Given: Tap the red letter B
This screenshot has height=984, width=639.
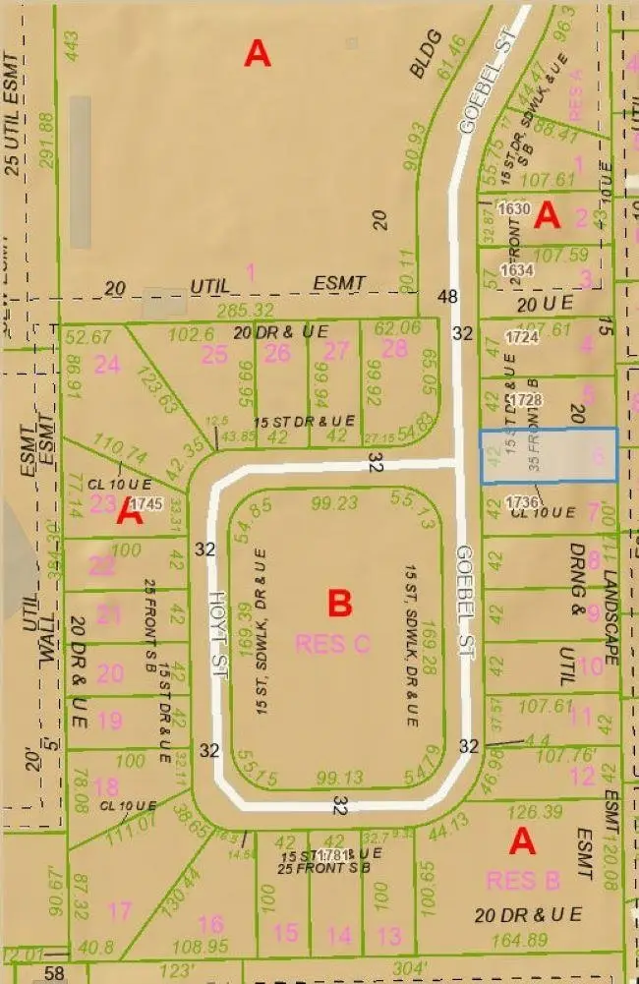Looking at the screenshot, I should point(339,603).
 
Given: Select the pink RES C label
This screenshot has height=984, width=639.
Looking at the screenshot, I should point(334,644).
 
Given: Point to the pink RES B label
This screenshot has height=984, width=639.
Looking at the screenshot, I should point(523,878).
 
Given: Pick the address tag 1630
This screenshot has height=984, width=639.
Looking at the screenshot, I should point(514,208).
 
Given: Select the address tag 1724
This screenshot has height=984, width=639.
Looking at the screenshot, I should point(523,337).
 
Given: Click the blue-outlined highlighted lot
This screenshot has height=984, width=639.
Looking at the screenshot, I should point(549,455).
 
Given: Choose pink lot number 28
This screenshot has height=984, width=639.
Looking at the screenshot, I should point(394,348).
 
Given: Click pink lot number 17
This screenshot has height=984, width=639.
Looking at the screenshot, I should point(119,912).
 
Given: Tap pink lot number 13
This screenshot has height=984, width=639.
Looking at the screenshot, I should point(390,934).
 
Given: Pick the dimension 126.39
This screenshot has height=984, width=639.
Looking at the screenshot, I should point(539,812).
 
